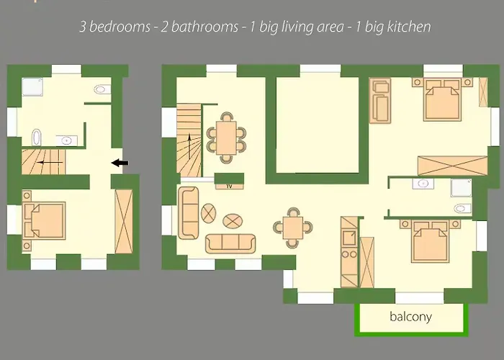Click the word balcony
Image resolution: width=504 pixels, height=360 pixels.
[x=410, y=317]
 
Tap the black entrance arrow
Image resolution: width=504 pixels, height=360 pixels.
[x=120, y=163]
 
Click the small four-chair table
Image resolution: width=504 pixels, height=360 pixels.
[x=293, y=227]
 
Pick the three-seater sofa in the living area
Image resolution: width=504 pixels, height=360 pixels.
[x=230, y=243]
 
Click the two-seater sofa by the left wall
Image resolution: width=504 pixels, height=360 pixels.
[x=189, y=212]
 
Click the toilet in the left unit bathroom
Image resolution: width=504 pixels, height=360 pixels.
[x=102, y=90]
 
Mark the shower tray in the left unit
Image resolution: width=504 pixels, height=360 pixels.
[x=31, y=87]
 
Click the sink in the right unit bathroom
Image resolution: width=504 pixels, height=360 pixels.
[x=422, y=184]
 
